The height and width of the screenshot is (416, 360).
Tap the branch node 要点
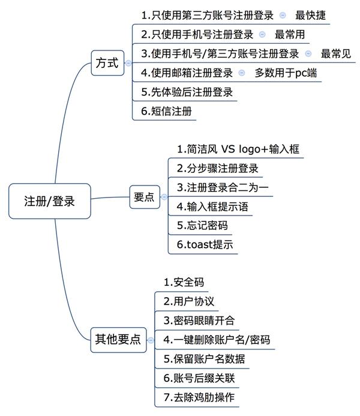(x=145, y=197)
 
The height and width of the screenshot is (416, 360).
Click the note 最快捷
(x=311, y=14)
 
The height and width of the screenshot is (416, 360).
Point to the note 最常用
(x=290, y=34)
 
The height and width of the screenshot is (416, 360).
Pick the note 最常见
(x=335, y=53)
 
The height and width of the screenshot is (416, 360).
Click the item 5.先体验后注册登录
(x=187, y=92)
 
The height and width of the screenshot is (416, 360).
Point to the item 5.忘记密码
(x=202, y=225)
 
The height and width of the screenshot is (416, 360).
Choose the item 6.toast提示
(x=205, y=244)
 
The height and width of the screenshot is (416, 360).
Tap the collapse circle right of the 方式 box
(x=128, y=63)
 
